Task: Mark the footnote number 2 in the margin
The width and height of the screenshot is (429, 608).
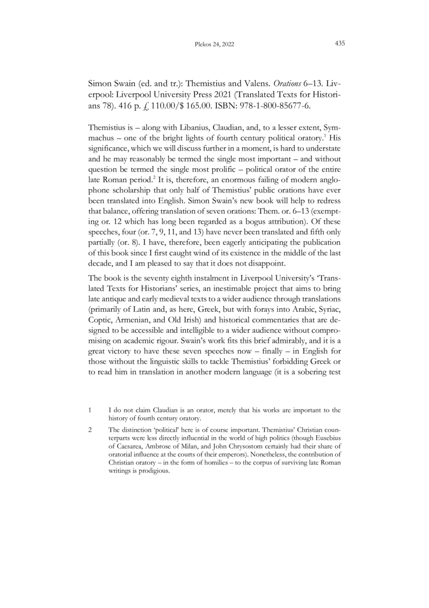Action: tap(89, 429)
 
